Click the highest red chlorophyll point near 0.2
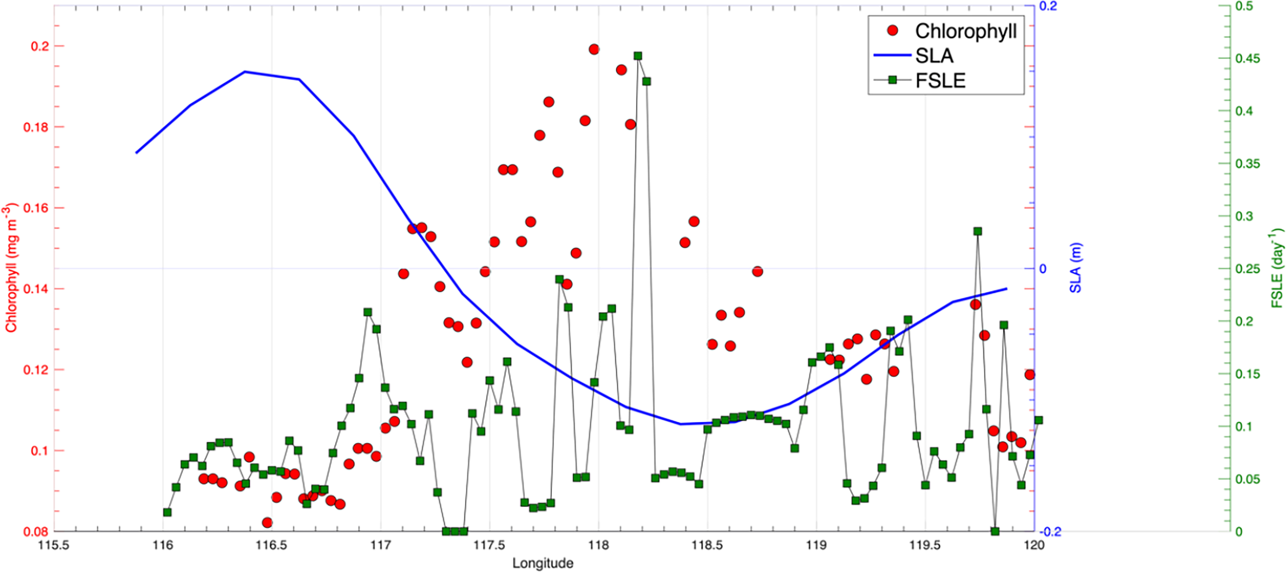click(x=594, y=49)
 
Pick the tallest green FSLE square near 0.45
click(x=638, y=56)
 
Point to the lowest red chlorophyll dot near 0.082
click(x=267, y=523)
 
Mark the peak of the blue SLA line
click(x=245, y=72)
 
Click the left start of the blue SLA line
click(x=136, y=153)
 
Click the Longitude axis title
click(x=543, y=563)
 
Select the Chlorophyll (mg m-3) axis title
click(x=11, y=267)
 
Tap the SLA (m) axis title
click(x=1075, y=268)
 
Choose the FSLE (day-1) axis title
click(x=1277, y=268)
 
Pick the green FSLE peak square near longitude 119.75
click(x=977, y=231)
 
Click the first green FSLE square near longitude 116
click(x=167, y=512)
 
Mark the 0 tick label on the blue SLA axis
click(x=1043, y=269)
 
